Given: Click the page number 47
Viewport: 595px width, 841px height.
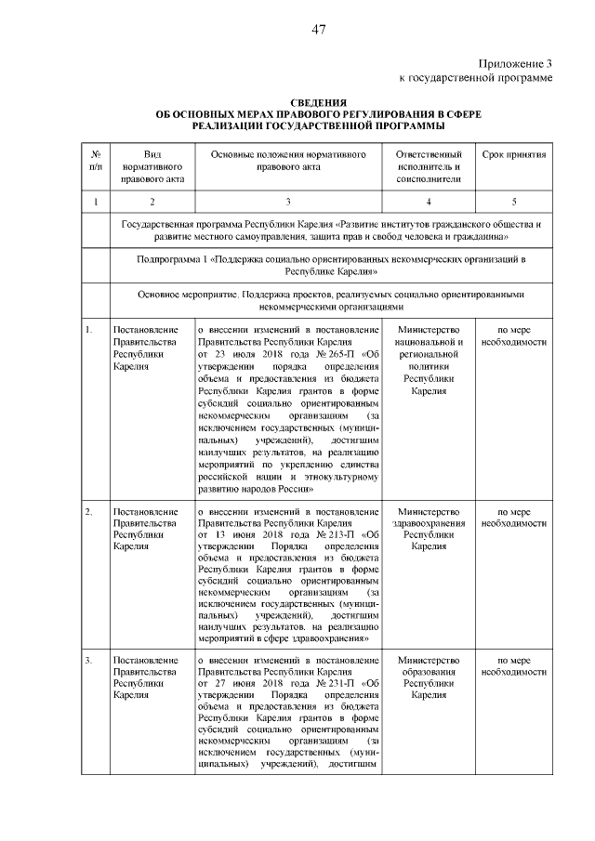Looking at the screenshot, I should pos(318,30).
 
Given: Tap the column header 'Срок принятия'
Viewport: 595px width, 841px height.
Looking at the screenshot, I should pos(513,154).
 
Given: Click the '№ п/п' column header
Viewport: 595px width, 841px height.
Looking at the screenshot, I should pos(96,161).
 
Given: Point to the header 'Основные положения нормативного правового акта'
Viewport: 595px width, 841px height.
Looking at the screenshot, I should pos(288,161).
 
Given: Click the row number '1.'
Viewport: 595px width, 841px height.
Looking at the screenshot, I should pos(89,330).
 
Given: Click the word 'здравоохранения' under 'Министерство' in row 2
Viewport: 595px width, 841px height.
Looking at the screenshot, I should pos(428,523).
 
